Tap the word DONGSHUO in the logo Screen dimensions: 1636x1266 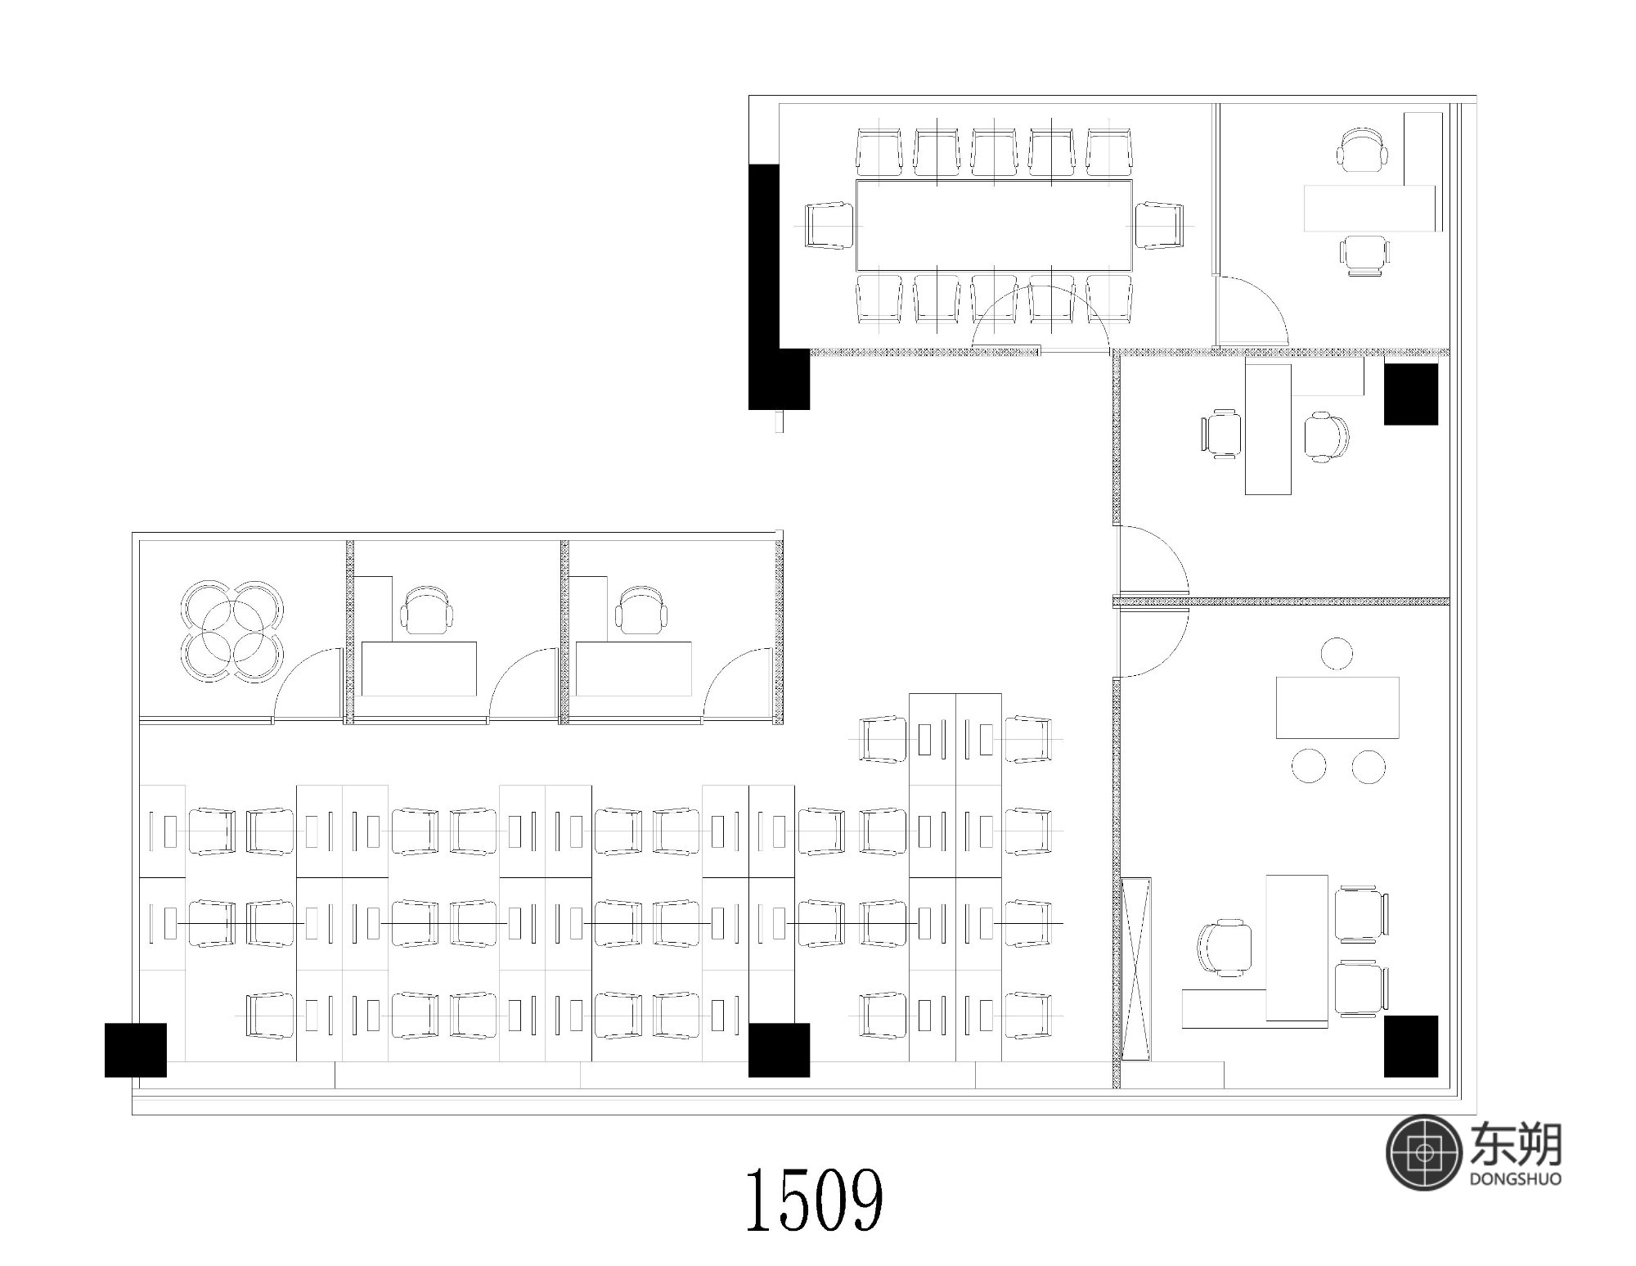1516,1179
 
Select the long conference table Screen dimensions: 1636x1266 994,225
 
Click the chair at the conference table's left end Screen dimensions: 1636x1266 830,225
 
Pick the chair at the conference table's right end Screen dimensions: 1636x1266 1159,225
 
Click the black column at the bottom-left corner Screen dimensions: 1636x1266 136,1050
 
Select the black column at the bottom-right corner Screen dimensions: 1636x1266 1411,1046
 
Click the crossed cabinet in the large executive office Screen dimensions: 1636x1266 1136,969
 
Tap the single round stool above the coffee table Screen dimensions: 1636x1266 1337,653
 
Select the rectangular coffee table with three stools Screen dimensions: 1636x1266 1337,707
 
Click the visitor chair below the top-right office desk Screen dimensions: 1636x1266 1364,255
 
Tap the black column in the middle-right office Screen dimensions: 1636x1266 1411,394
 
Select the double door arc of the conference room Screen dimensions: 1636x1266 1040,313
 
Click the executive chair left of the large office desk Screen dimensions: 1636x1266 1225,948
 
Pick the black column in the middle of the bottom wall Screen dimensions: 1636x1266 779,1050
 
